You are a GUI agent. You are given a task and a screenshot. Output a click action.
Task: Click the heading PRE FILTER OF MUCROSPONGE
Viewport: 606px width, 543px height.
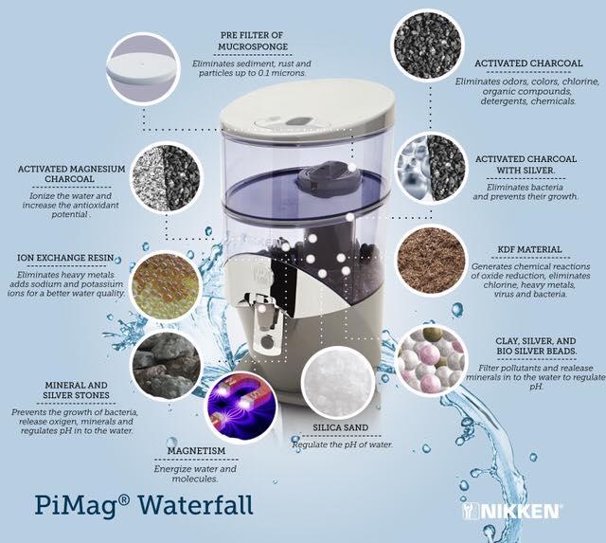[253, 41]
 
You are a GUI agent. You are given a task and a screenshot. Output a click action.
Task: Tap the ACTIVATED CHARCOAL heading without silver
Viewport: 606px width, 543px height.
[528, 63]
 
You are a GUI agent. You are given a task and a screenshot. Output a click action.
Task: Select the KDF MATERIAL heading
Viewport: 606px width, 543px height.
[529, 249]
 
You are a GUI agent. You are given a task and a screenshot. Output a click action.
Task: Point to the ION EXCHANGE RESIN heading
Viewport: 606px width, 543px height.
[65, 258]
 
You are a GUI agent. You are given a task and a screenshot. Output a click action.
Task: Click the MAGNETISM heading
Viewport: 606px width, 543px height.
[196, 451]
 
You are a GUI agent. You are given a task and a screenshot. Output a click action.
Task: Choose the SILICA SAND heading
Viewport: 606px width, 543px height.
[341, 427]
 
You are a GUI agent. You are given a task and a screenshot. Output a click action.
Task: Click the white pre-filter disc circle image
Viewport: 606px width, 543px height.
[143, 69]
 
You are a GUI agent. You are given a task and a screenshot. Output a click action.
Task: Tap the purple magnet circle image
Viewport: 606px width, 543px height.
[241, 407]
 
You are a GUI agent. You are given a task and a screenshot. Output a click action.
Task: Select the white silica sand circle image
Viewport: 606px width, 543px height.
[337, 382]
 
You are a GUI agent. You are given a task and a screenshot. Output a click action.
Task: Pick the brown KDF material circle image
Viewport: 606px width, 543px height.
[431, 261]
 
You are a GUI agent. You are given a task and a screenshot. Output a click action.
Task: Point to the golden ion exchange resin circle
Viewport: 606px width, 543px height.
[167, 285]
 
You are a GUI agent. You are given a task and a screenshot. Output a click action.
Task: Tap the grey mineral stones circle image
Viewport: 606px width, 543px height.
[167, 365]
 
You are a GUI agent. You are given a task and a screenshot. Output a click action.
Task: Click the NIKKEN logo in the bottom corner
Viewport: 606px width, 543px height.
[511, 511]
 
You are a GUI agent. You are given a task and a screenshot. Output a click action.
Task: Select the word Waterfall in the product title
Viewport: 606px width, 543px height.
[196, 504]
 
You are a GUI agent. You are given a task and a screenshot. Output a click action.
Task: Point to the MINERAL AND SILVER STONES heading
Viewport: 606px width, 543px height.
[76, 390]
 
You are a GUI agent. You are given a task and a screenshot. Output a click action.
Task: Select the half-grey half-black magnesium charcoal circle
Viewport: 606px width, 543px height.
[167, 178]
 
